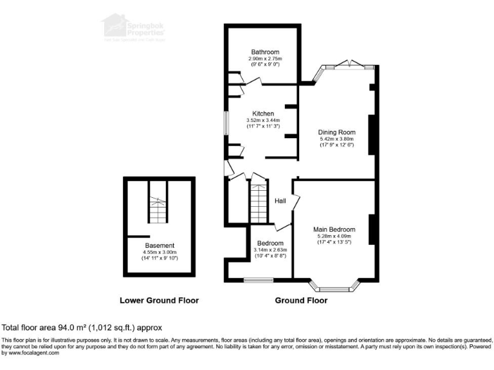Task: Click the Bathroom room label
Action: pos(265,52)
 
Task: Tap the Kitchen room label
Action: pos(263,114)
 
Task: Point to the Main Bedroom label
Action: pos(333,229)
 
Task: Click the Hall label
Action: pos(280,201)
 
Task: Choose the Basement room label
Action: pos(158,245)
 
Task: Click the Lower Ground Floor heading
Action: pos(159,301)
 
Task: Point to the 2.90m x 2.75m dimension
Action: pos(265,58)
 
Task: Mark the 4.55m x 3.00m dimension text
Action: pos(158,252)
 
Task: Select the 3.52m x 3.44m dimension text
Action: pos(263,120)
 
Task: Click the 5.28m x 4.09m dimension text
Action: pos(333,236)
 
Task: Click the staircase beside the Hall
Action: pos(258,201)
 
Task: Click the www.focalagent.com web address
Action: pos(28,353)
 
